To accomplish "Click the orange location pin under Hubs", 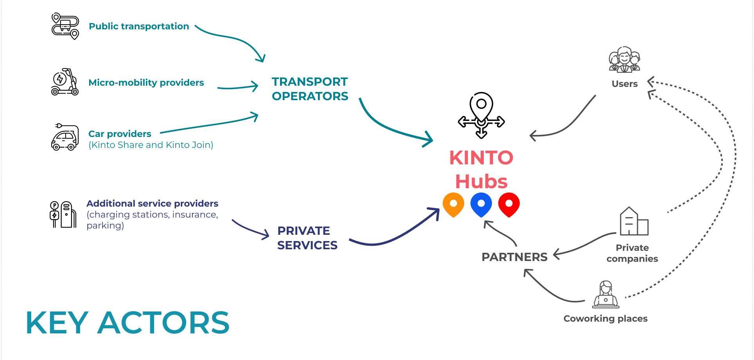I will pyautogui.click(x=453, y=204).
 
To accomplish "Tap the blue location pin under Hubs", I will pyautogui.click(x=481, y=204).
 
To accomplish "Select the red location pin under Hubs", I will pyautogui.click(x=509, y=204).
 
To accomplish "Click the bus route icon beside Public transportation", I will pyautogui.click(x=65, y=26).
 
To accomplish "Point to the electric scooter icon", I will pyautogui.click(x=65, y=82).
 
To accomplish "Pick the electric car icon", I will pyautogui.click(x=65, y=138).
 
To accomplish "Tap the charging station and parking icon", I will pyautogui.click(x=63, y=214).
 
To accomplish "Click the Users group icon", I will pyautogui.click(x=624, y=60).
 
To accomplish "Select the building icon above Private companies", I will pyautogui.click(x=634, y=221).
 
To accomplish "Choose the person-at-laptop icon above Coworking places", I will pyautogui.click(x=605, y=295).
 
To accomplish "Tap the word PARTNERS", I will pyautogui.click(x=514, y=257).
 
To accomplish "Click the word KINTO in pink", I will pyautogui.click(x=481, y=158).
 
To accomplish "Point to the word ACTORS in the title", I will pyautogui.click(x=163, y=323).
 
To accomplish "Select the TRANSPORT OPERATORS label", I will pyautogui.click(x=310, y=89).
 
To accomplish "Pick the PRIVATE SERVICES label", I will pyautogui.click(x=307, y=238).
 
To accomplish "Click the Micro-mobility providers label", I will pyautogui.click(x=146, y=83).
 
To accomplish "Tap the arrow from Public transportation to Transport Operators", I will pyautogui.click(x=235, y=39).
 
